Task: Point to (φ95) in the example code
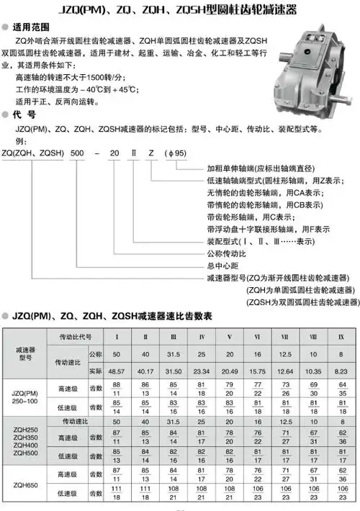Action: tap(176, 153)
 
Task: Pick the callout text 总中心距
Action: tap(222, 266)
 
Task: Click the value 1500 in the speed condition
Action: tap(102, 76)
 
